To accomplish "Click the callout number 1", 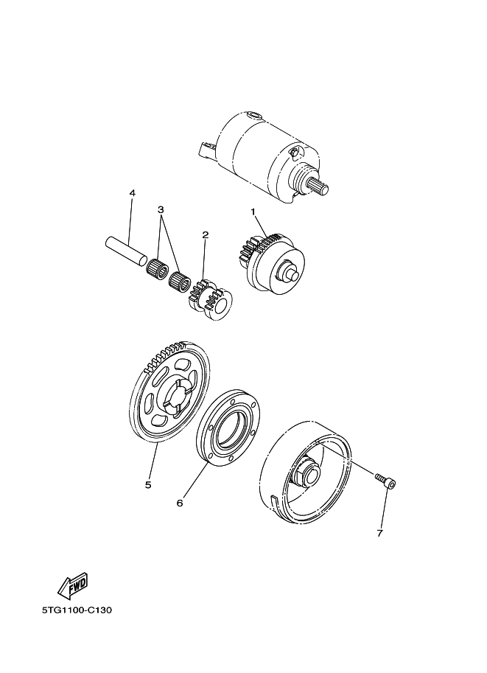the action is [x=253, y=212].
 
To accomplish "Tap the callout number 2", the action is [x=205, y=235].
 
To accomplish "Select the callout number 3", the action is [x=161, y=210].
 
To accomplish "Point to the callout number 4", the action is [x=133, y=193].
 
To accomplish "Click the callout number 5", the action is [x=149, y=485].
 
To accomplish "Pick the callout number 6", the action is [x=180, y=503].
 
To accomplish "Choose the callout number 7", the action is [x=379, y=534].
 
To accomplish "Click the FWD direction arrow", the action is [x=74, y=585].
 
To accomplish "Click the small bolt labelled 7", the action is [x=386, y=481].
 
